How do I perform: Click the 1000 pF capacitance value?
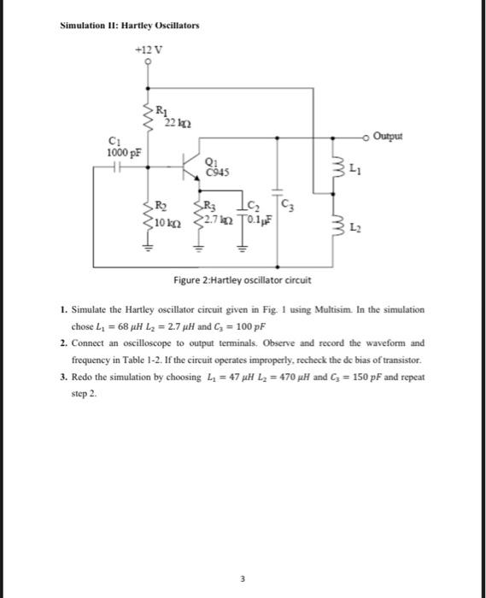(x=121, y=152)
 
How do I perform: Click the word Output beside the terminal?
(x=390, y=135)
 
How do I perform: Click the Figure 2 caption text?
(x=243, y=279)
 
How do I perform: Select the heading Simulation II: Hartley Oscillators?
(x=130, y=25)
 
